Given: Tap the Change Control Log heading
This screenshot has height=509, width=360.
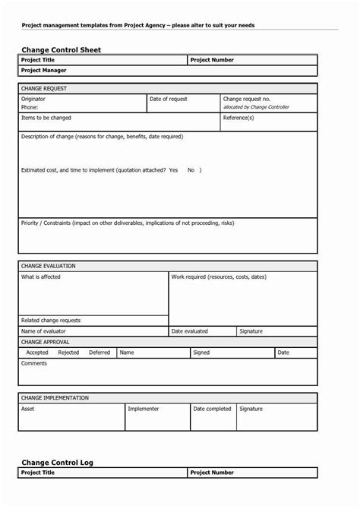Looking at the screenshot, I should [x=57, y=461].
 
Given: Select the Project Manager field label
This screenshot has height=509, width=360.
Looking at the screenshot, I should [x=45, y=71].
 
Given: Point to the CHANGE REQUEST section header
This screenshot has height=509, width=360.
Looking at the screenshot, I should [x=44, y=88].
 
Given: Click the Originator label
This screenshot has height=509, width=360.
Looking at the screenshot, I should [x=33, y=99].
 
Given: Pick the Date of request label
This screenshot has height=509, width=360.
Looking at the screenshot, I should [x=169, y=99].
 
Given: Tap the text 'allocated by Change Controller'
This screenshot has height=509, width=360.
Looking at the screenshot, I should [x=258, y=108].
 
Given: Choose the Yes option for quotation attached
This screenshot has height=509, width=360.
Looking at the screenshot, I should [x=173, y=170].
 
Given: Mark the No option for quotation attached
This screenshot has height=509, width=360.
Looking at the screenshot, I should [x=191, y=170].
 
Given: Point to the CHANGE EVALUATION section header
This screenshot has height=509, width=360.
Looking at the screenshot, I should [x=49, y=266].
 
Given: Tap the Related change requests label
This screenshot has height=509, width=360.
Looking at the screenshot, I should [x=51, y=320].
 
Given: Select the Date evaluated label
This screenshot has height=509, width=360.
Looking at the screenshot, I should [x=189, y=331].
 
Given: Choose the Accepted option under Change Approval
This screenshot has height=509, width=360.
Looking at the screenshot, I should [x=37, y=353].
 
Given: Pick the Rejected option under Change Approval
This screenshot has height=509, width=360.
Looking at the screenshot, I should [x=68, y=353].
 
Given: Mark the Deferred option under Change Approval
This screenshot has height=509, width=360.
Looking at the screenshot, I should [x=99, y=353].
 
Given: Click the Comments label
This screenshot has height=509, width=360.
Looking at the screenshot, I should [x=34, y=363].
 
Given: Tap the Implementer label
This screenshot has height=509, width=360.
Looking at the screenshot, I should [x=144, y=409].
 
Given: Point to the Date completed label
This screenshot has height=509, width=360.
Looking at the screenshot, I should [x=212, y=409].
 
